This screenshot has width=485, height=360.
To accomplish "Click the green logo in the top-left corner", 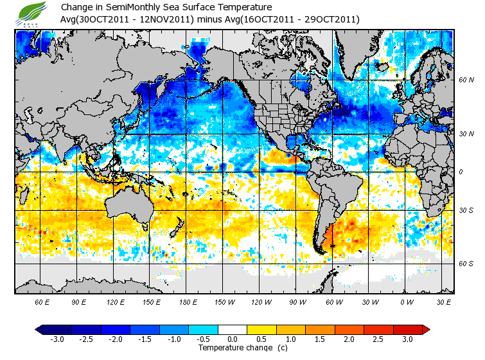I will tap(33, 13).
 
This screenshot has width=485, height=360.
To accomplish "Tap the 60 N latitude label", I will tap(466, 80).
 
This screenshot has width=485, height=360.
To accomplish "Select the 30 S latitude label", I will tap(466, 210).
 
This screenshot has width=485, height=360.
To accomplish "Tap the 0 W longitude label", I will tap(406, 301).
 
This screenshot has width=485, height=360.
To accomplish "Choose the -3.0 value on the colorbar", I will tap(58, 339).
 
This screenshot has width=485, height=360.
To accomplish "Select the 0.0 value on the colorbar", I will tap(233, 339).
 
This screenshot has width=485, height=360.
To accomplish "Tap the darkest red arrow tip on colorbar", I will tap(426, 329).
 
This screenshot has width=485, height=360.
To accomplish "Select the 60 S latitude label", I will tap(466, 264).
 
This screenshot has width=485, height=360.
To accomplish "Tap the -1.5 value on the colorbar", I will tap(145, 339).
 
